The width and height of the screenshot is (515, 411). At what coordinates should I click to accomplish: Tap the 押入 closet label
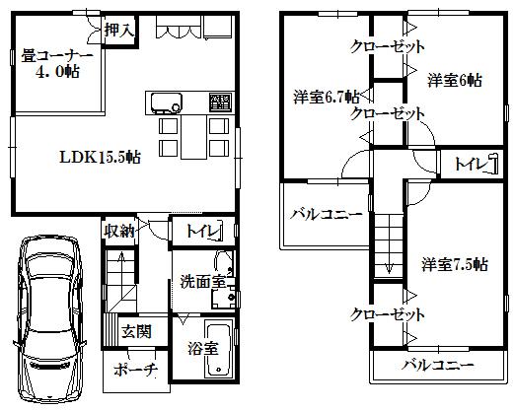coord(121,30)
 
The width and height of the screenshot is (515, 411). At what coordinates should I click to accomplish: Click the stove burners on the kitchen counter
coord(218,101)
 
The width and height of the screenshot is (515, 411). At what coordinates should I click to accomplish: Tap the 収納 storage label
coord(119,233)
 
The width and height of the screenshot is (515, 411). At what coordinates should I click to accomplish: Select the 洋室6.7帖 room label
coord(326,98)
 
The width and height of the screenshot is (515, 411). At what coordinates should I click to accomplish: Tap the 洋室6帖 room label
coord(455,80)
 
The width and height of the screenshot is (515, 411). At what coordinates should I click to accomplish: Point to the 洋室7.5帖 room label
coord(455,263)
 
